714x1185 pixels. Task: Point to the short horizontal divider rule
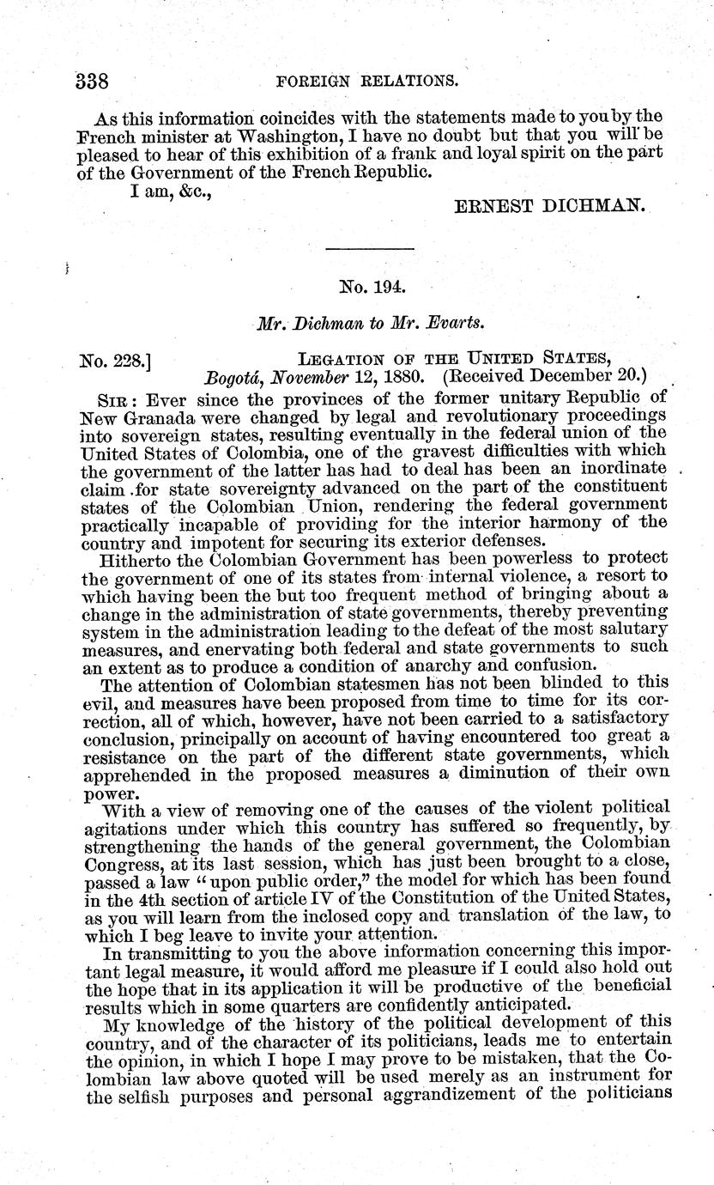point(371,249)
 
